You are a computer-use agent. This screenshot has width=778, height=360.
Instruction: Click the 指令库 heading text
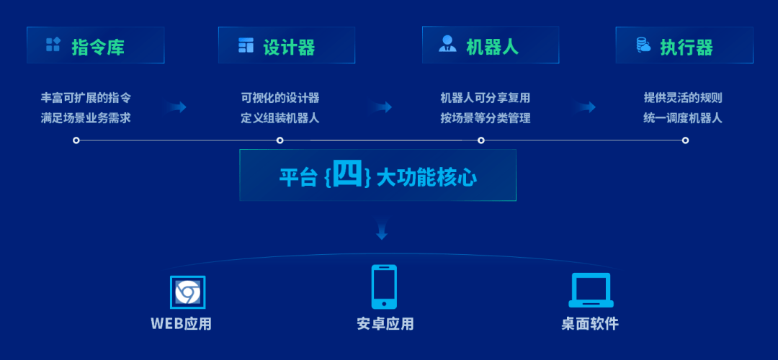click(98, 47)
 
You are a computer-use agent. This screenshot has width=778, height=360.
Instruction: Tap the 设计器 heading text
click(290, 47)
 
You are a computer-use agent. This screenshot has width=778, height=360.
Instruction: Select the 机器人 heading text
click(492, 47)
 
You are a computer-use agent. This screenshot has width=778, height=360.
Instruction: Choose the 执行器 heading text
click(687, 47)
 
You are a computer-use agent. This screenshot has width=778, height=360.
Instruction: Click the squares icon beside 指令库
click(53, 45)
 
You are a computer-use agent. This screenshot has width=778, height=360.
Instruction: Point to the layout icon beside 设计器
click(246, 45)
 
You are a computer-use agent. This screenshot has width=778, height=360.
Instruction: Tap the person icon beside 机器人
click(447, 44)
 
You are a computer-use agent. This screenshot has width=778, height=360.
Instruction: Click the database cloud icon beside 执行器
click(643, 45)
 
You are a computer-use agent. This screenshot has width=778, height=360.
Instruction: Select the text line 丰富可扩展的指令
click(86, 98)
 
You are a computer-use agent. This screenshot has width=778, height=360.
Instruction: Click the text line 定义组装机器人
click(280, 119)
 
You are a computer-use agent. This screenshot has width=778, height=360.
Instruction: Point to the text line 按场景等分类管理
click(486, 119)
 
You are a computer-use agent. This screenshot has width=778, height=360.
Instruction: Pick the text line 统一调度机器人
click(683, 119)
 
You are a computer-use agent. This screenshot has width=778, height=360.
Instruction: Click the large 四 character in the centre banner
click(349, 174)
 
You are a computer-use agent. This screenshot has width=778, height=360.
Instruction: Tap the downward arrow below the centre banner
click(382, 230)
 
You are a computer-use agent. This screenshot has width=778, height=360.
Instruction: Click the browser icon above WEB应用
click(187, 292)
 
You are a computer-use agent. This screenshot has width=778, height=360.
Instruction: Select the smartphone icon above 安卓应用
click(384, 287)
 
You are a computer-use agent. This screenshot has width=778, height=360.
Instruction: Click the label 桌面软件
click(591, 324)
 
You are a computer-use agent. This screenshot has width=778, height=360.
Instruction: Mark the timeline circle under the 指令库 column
click(76, 140)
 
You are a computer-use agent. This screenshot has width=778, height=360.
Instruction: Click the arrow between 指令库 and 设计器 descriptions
click(176, 107)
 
